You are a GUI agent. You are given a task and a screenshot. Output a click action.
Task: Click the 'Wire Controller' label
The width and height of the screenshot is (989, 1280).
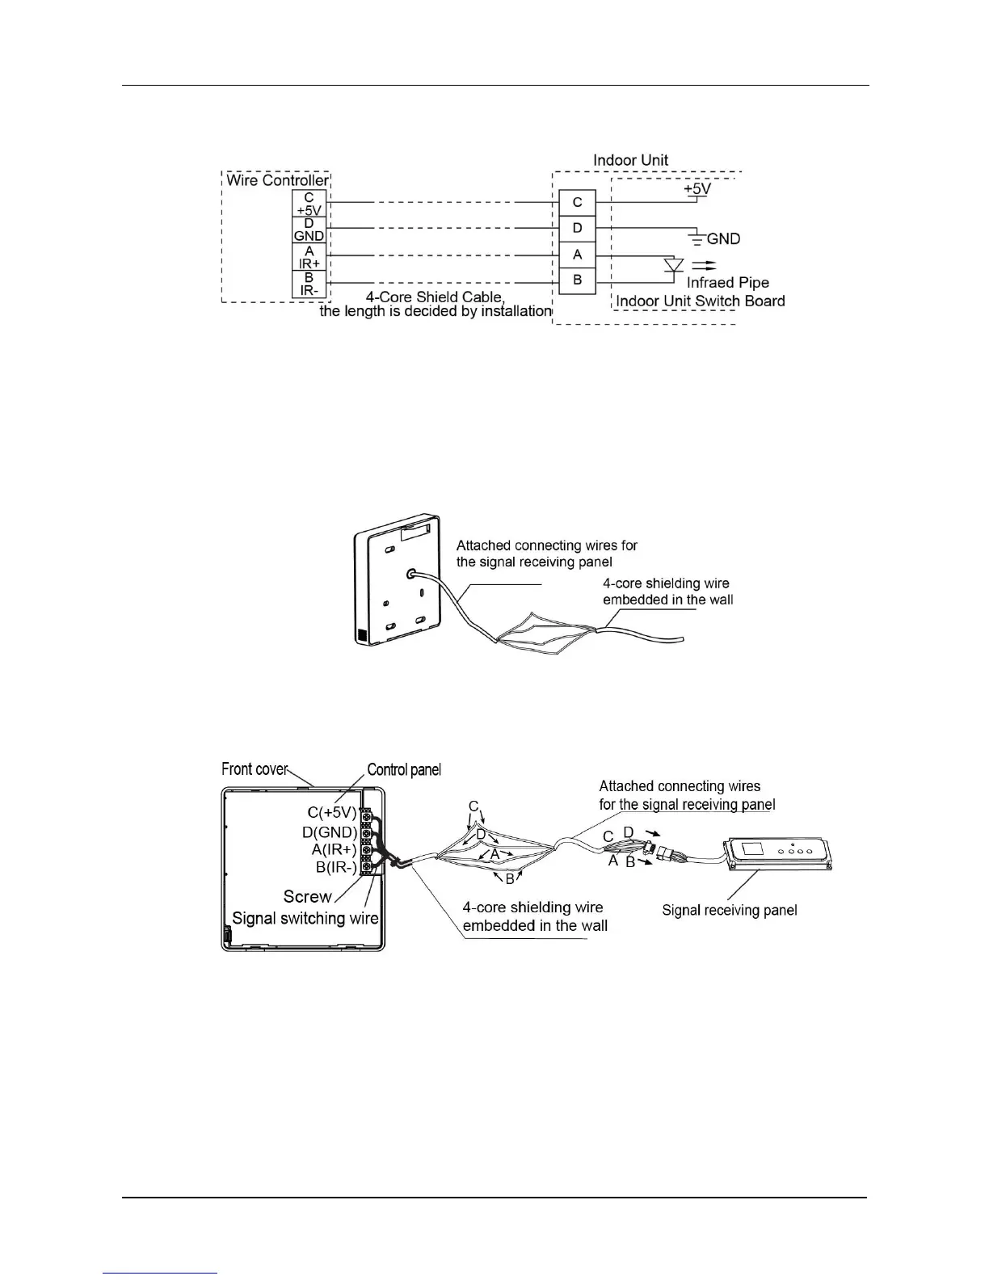coord(277,180)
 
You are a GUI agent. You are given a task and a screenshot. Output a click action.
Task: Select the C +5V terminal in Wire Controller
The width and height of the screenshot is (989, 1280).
coord(309,204)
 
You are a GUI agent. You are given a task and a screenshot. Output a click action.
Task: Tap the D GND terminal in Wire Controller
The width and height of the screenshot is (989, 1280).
coord(309,230)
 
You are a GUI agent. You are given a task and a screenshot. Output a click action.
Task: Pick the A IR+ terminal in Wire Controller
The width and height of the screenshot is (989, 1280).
coord(309,257)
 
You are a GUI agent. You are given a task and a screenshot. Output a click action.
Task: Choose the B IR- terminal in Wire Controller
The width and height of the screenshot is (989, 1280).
coord(309,284)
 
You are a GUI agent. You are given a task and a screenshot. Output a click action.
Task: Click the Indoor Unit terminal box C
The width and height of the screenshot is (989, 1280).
coord(577,202)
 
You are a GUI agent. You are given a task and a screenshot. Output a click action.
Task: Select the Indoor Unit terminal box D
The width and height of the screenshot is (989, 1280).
coord(577,228)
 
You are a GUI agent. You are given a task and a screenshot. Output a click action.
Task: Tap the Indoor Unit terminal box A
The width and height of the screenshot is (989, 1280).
coord(577,254)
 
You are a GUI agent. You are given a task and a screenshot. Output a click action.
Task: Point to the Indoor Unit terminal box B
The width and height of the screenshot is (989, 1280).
coord(577,280)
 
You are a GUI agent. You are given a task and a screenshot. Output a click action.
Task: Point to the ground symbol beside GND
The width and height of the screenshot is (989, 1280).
coord(696,238)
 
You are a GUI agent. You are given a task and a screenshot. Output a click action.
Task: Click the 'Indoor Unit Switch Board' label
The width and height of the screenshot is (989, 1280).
coord(700,301)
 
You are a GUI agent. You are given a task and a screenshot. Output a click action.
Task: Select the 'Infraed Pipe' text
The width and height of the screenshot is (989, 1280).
coord(727,283)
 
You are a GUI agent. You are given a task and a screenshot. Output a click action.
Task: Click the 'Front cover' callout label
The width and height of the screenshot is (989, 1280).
coord(255,769)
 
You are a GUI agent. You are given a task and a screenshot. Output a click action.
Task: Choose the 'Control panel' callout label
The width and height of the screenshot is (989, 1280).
coord(404,770)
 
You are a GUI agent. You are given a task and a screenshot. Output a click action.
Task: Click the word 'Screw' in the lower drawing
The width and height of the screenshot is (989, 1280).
coord(307,896)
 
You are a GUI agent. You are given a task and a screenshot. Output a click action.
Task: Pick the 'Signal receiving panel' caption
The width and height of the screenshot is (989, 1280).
coord(729,911)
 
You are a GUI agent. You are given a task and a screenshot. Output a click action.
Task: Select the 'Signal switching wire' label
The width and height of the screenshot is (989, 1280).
coord(305,918)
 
